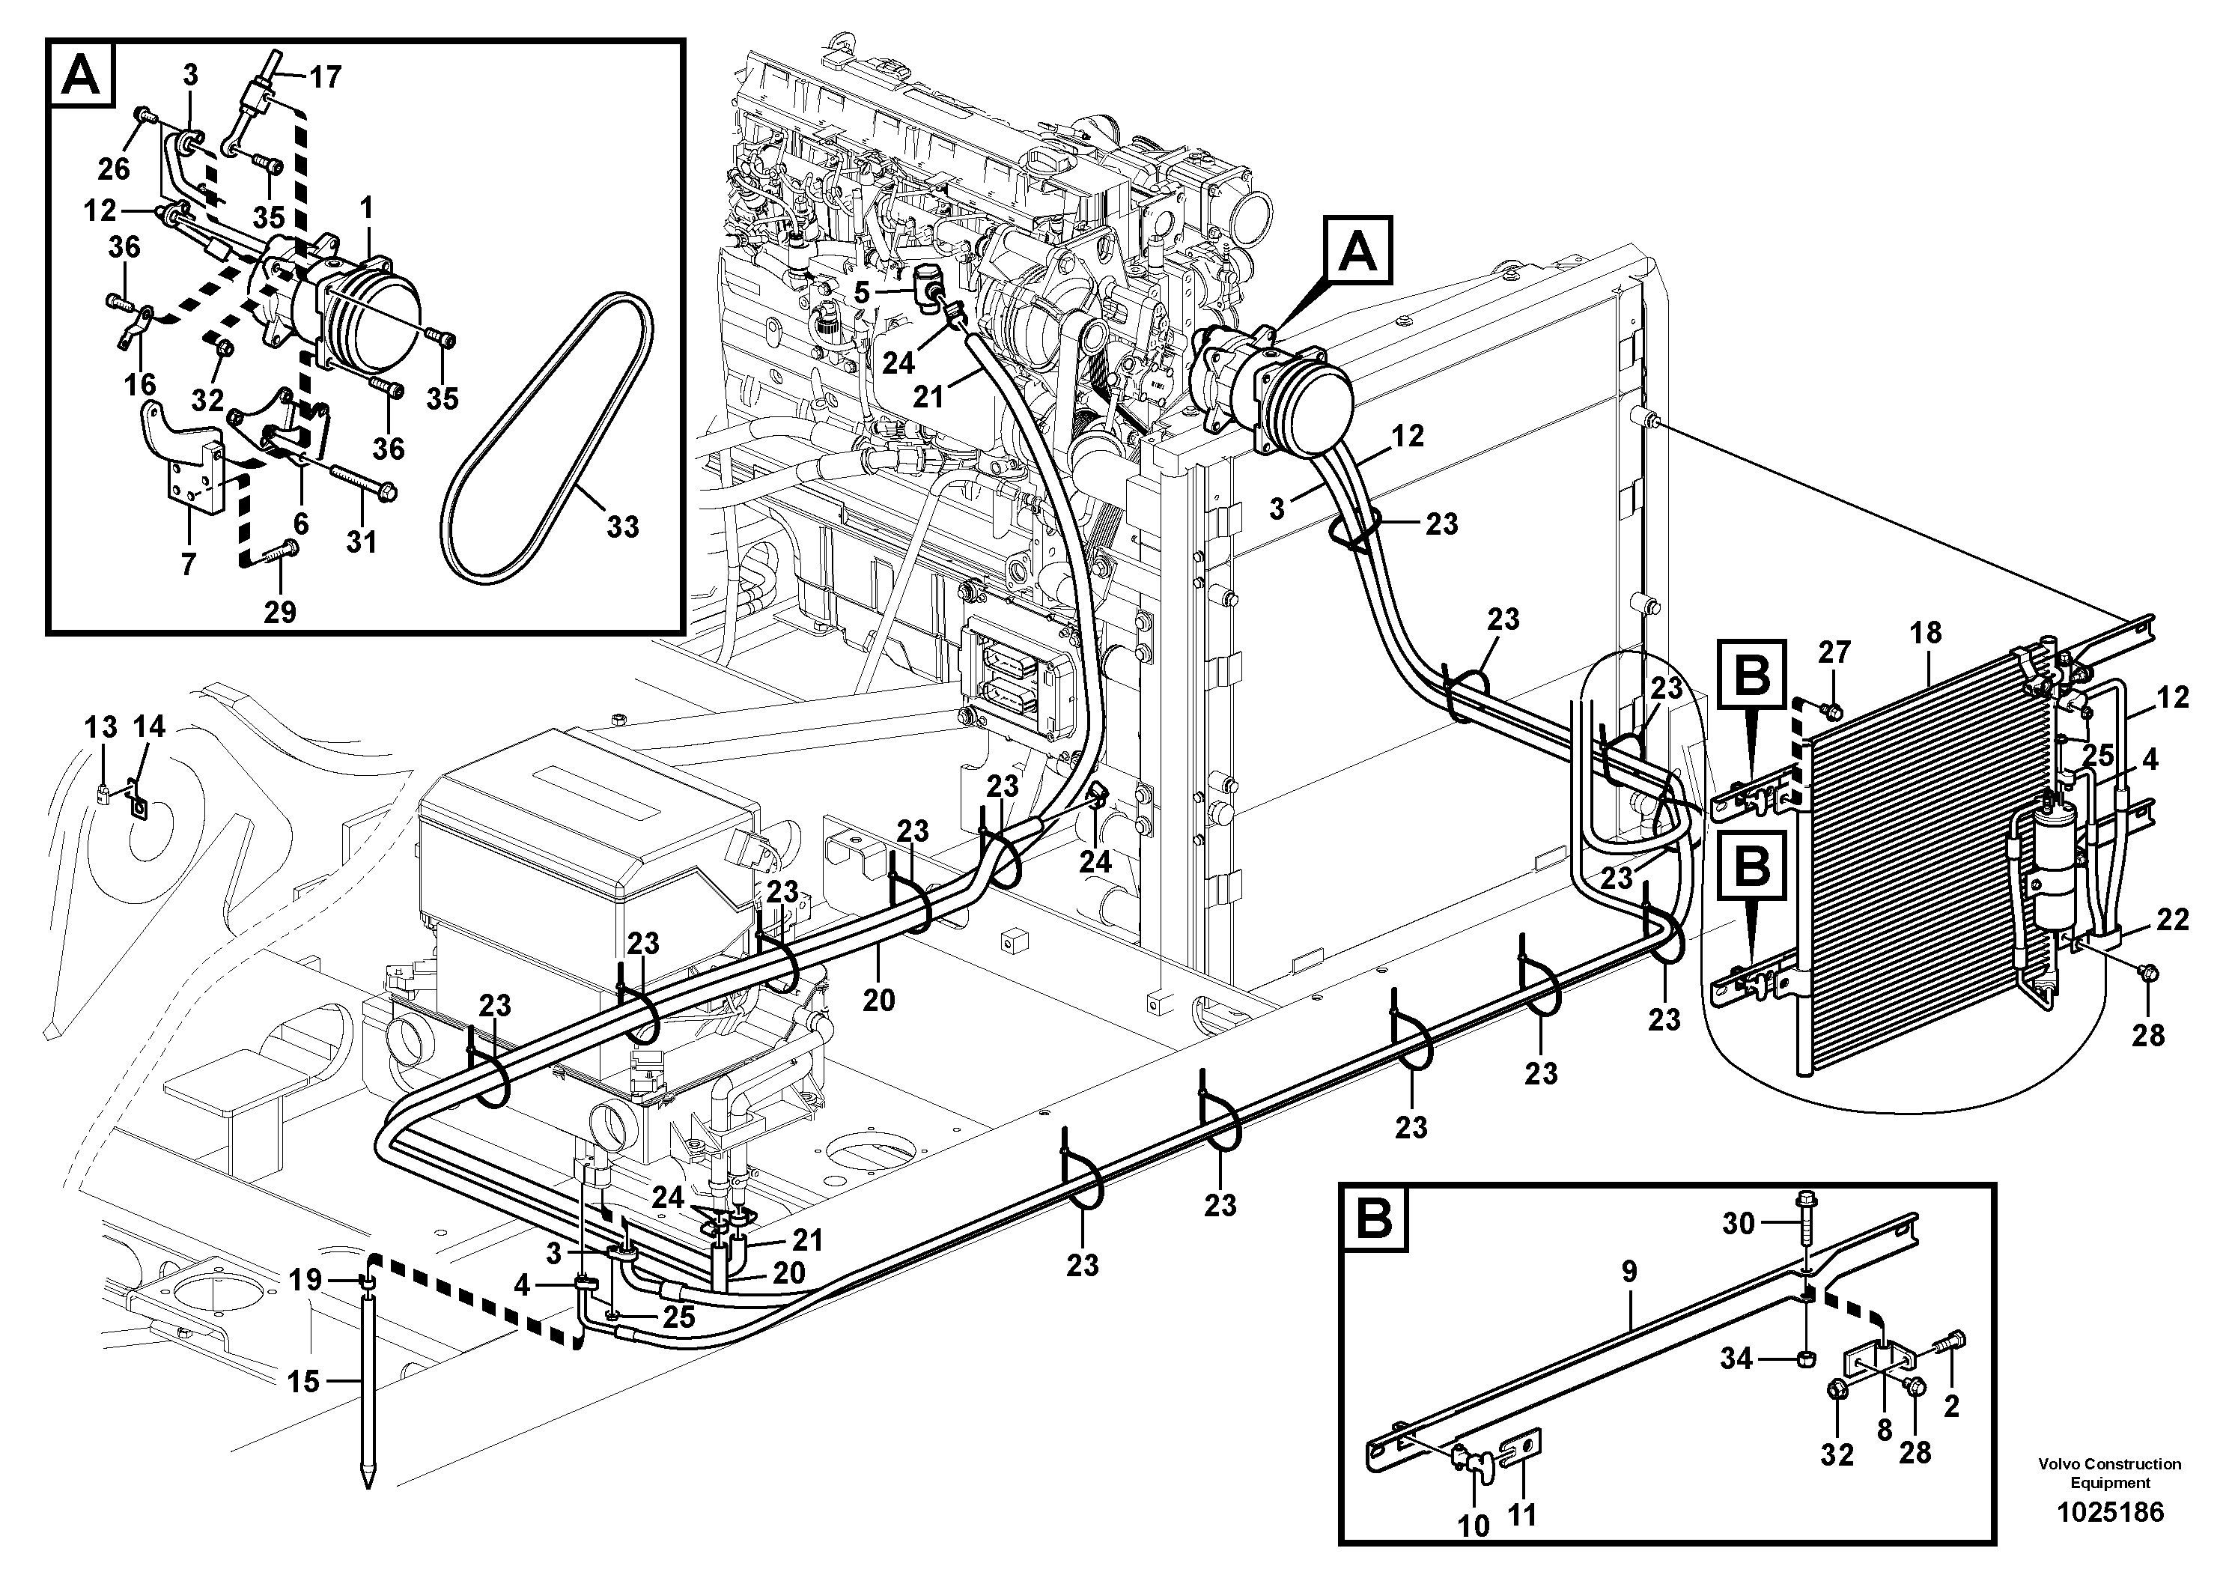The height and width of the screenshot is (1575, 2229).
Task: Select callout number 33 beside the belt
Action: pos(622,526)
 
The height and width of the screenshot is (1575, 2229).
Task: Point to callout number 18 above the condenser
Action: pos(1925,632)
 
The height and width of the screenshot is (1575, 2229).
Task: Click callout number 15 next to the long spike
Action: pos(303,1381)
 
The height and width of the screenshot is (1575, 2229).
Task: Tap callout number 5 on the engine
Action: pos(862,291)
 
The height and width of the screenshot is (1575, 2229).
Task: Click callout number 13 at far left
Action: pos(101,726)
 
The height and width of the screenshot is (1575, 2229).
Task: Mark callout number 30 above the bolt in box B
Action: pos(1738,1224)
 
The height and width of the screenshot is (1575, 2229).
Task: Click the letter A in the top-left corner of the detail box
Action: pos(82,76)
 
